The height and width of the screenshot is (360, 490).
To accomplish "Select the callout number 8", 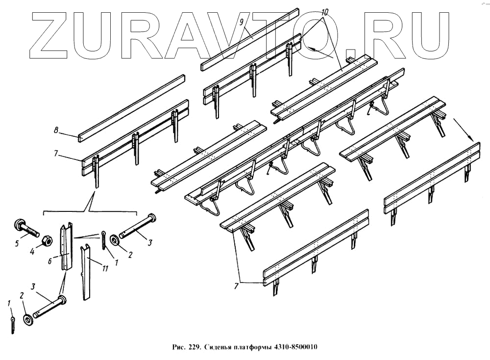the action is (56, 130).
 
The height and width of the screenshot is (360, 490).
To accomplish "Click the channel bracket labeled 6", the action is (67, 248).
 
